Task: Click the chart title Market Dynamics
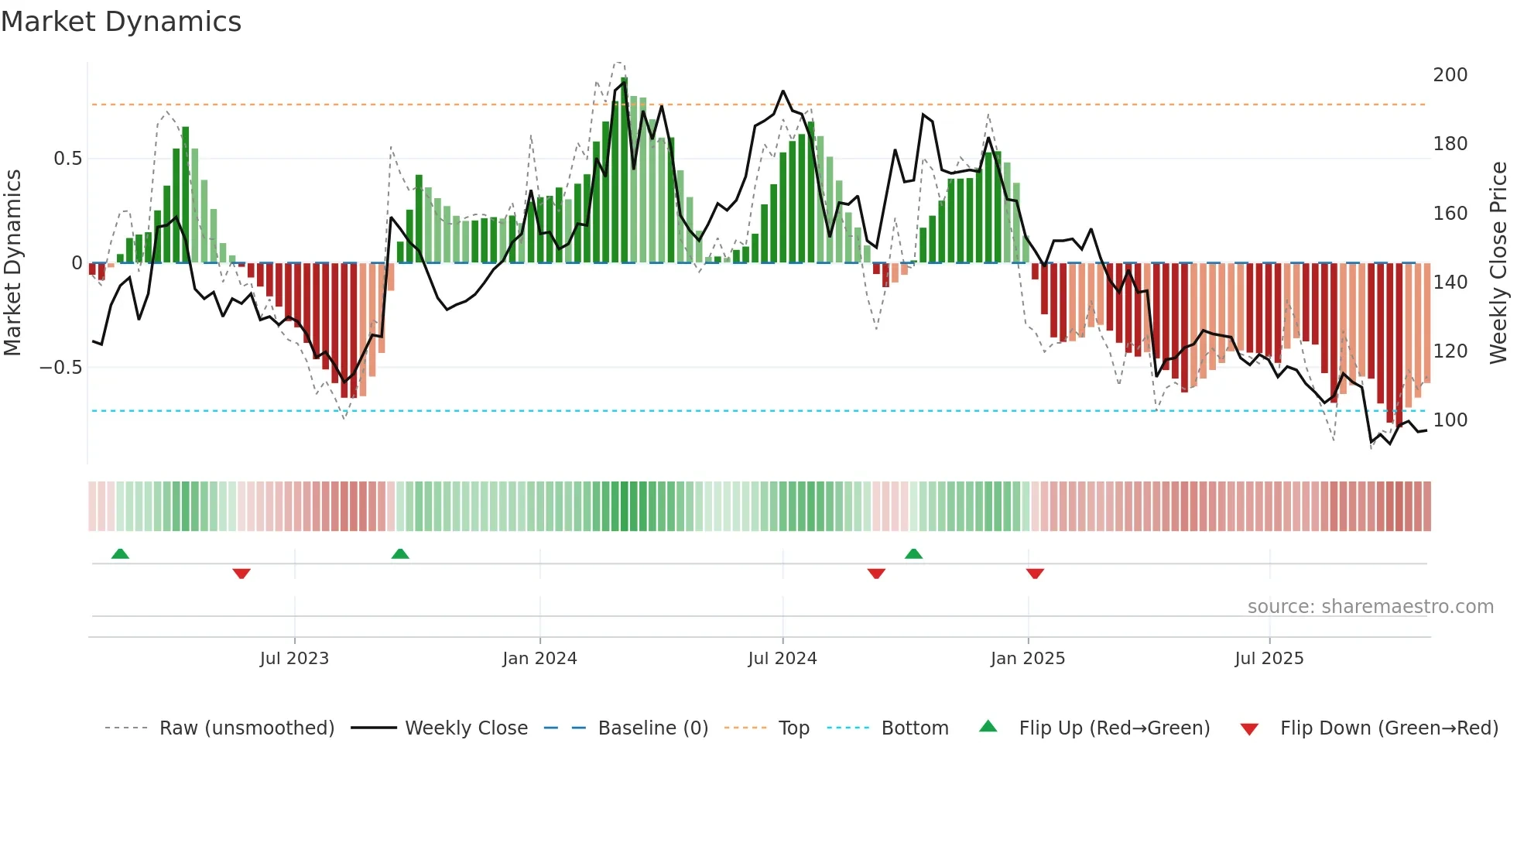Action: click(x=121, y=22)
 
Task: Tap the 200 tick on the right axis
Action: click(x=1450, y=75)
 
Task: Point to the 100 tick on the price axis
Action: click(x=1450, y=420)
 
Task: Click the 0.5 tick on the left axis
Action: click(x=67, y=159)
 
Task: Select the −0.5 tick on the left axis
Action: click(x=61, y=368)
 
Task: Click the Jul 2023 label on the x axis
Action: click(x=294, y=659)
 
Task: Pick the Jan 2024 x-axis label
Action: click(x=539, y=659)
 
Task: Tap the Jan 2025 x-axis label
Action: click(x=1027, y=659)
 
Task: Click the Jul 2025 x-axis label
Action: click(x=1269, y=659)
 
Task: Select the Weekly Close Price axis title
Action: click(x=1498, y=262)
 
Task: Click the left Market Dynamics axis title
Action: click(x=12, y=262)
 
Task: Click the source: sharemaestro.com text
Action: click(x=1370, y=607)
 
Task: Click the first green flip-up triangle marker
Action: click(x=120, y=553)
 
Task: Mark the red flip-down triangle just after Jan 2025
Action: click(x=1035, y=574)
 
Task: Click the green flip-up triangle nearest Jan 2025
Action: click(x=913, y=553)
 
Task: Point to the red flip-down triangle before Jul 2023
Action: click(x=241, y=574)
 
